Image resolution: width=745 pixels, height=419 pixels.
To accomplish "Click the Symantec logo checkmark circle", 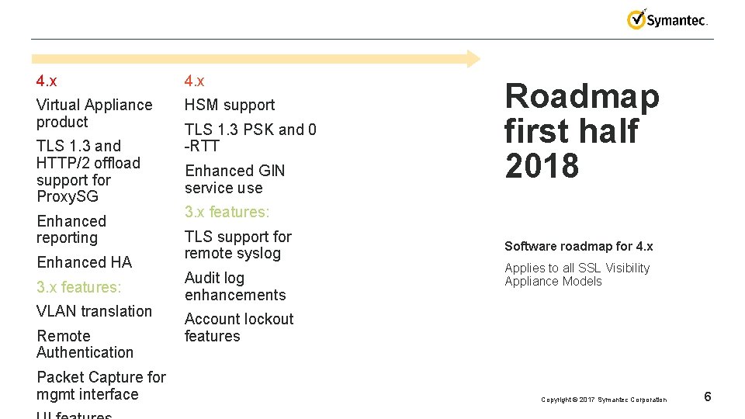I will point(636,20).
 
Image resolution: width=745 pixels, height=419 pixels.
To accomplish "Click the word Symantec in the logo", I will point(676,21).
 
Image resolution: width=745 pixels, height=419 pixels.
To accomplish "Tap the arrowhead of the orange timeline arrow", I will point(473,58).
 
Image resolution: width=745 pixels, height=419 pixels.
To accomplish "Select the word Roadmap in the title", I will point(581,97).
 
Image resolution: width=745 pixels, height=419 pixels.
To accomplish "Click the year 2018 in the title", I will point(541,166).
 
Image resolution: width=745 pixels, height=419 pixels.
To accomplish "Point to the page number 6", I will point(707,397).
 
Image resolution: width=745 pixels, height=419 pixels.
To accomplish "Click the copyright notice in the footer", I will point(603,400).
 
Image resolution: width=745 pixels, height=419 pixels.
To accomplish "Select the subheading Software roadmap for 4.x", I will point(578,247).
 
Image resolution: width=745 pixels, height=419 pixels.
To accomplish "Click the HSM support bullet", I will point(230,105).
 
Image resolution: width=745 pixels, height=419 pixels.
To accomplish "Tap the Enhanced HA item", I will point(84,262).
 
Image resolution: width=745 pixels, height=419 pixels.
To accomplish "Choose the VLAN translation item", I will point(94,311).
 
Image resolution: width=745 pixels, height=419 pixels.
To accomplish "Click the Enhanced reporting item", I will point(71,230).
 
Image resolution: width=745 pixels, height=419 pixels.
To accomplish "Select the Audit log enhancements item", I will point(235,286).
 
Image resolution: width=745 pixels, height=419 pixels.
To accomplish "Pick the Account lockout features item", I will point(239,327).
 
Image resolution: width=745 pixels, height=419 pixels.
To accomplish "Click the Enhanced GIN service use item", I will point(234,179).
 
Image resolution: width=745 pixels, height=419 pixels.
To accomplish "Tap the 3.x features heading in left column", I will point(78,287).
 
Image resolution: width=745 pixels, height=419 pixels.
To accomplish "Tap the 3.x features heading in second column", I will point(227,212).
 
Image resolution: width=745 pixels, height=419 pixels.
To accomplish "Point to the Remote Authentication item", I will point(85,345).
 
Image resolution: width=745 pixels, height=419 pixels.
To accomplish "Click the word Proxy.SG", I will point(67,197).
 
